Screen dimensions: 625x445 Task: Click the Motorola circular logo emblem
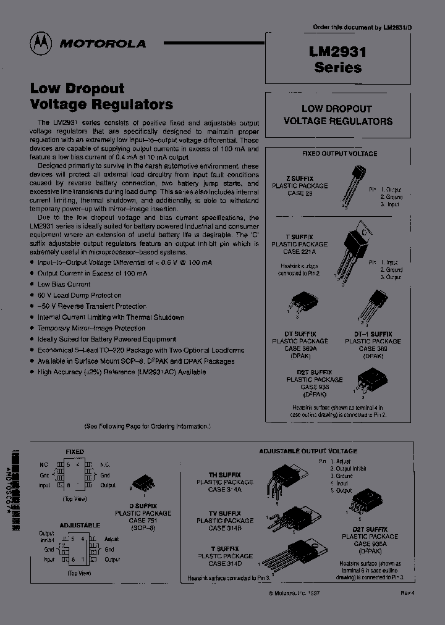pos(41,43)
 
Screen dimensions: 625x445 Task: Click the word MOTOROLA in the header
pos(103,44)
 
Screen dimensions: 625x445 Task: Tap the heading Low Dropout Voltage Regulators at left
pos(101,96)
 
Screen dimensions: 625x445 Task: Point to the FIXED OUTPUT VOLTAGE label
pos(339,154)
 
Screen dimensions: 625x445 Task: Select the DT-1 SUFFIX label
pos(373,334)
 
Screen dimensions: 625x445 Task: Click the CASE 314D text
pos(225,563)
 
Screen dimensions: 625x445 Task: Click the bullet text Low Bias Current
pos(64,285)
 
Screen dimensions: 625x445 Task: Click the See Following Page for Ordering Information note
pos(148,426)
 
